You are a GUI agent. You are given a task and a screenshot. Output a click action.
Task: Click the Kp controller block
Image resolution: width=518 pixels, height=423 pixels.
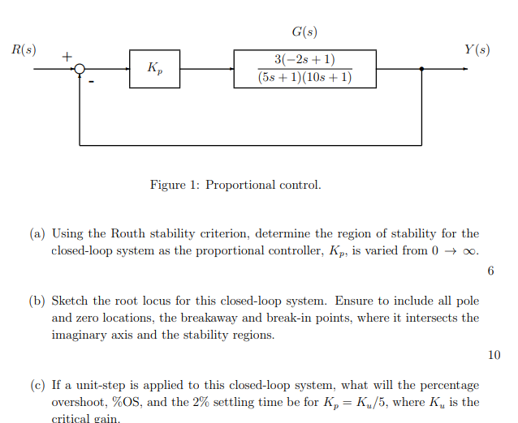(154, 69)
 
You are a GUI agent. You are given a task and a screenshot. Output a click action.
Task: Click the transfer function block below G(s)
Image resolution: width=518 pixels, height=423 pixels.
(304, 69)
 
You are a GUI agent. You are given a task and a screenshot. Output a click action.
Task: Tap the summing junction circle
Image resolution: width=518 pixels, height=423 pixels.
(80, 70)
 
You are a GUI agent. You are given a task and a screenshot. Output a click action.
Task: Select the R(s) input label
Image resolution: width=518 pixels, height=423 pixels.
(24, 50)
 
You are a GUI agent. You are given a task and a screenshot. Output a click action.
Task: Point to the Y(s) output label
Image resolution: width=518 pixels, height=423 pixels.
(477, 50)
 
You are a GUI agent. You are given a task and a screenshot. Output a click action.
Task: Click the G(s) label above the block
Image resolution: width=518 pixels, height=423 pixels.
(304, 32)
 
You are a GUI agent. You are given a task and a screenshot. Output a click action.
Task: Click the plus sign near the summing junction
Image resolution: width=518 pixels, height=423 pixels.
(67, 56)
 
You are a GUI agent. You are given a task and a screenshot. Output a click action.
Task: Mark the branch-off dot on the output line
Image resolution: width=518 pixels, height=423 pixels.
(421, 70)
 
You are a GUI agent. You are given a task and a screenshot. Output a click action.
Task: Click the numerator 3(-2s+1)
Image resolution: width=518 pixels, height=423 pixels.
(304, 60)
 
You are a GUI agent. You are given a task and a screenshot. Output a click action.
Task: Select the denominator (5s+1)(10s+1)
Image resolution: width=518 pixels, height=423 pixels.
(304, 78)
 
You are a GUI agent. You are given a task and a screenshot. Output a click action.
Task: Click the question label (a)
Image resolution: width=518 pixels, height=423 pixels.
(37, 234)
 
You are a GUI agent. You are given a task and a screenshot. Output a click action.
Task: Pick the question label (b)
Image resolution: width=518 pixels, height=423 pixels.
(37, 301)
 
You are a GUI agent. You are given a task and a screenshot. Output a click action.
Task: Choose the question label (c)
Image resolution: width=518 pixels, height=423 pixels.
(37, 385)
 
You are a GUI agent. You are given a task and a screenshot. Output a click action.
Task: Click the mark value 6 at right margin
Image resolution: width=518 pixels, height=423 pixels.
(491, 271)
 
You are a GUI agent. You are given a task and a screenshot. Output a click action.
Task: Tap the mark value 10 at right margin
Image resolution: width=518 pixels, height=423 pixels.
(494, 354)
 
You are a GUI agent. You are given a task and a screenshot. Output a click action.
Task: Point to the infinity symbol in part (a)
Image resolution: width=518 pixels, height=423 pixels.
(471, 250)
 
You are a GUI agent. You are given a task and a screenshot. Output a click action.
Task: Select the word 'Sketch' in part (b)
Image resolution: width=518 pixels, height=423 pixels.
(71, 301)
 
